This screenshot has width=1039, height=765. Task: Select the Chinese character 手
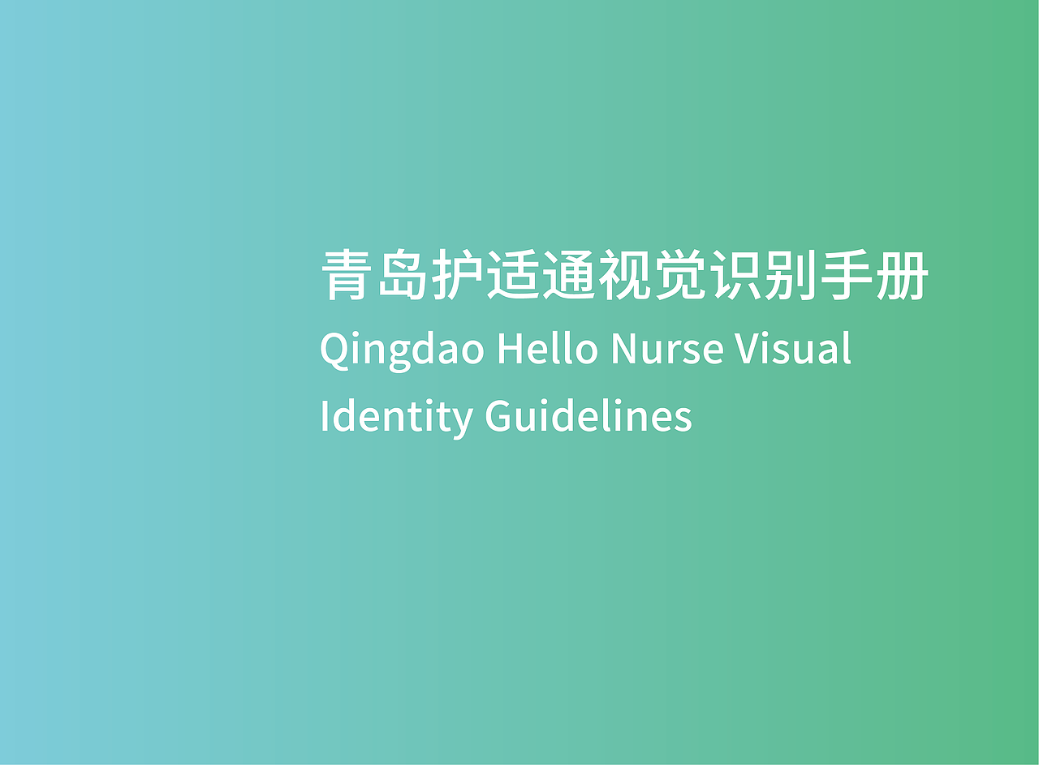tap(847, 276)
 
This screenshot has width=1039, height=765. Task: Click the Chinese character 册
tap(903, 276)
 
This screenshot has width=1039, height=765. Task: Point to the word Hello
tap(547, 349)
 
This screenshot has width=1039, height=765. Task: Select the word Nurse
tap(666, 349)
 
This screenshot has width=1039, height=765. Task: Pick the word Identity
tap(396, 417)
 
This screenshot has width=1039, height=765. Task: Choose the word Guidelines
tap(588, 415)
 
